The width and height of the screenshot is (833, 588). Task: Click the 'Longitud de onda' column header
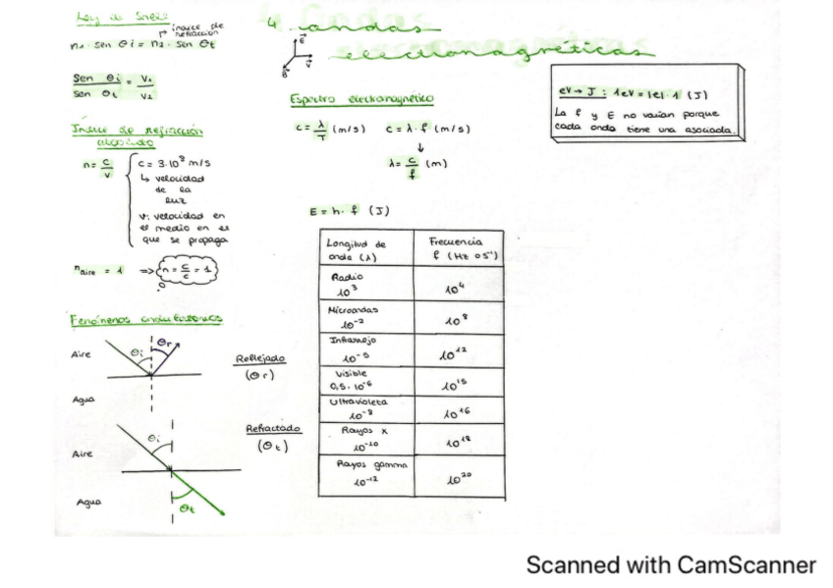[355, 249]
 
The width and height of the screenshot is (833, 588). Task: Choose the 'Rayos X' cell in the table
[355, 438]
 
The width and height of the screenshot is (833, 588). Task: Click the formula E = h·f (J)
[345, 210]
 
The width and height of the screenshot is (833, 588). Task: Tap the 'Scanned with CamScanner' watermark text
[671, 565]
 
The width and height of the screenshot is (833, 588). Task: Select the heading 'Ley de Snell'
[109, 17]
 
